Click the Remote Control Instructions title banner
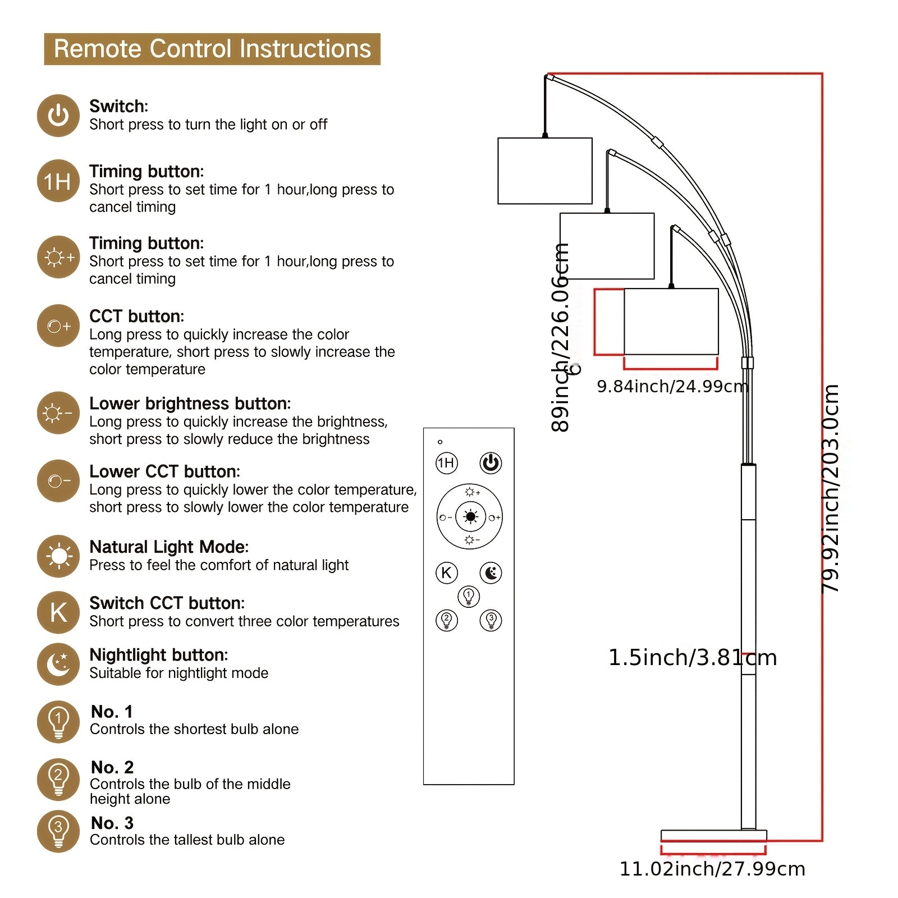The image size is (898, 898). [x=212, y=49]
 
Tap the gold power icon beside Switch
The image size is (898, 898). [x=58, y=116]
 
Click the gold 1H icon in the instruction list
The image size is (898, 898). [x=58, y=181]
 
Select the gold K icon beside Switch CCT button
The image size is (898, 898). [x=58, y=612]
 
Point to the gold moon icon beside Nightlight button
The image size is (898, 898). [x=58, y=664]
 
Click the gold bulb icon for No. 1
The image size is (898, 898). [x=58, y=722]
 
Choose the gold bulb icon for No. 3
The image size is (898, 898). [x=58, y=832]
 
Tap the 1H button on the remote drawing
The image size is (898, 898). [x=447, y=463]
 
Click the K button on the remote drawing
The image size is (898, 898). [x=447, y=573]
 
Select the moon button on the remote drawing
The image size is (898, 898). [x=491, y=573]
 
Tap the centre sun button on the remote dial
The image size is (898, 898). [x=470, y=517]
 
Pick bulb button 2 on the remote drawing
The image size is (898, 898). [x=447, y=620]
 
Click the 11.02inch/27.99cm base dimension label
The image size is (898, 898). [x=712, y=869]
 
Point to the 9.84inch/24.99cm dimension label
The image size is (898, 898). [x=672, y=386]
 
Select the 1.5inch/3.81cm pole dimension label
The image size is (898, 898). [x=693, y=657]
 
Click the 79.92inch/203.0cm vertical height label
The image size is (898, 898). [x=831, y=488]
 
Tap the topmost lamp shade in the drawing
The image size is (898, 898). [x=545, y=171]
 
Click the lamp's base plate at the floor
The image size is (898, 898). [x=713, y=835]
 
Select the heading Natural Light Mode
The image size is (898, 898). [x=168, y=547]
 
